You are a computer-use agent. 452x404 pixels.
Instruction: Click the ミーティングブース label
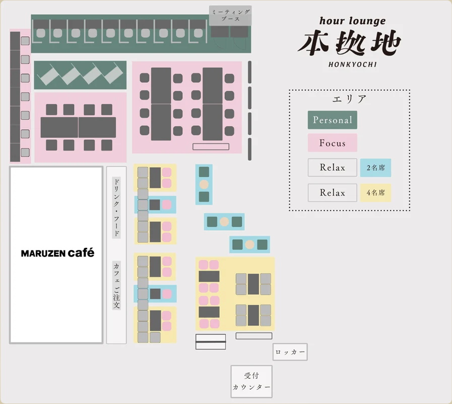(x=230, y=15)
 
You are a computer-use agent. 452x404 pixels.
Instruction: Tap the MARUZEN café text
(x=57, y=253)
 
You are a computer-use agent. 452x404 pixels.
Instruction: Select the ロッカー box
(x=290, y=351)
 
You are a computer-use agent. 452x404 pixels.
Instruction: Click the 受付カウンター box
(x=251, y=381)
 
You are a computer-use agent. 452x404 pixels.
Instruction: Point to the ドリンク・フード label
(x=116, y=208)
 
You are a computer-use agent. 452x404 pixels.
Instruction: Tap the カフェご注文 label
(x=116, y=285)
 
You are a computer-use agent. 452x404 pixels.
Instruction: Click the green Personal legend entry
(x=333, y=120)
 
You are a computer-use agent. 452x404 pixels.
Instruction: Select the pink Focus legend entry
(x=333, y=143)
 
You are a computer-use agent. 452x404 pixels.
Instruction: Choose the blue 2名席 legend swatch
(x=375, y=168)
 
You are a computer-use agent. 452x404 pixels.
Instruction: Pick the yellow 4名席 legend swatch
(x=375, y=193)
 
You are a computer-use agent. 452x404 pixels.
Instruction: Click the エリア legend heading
(x=349, y=99)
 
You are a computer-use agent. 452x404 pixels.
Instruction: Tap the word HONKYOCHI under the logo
(x=353, y=65)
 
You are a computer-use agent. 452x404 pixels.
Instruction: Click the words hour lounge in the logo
(x=353, y=21)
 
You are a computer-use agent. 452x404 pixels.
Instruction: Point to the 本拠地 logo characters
(x=349, y=43)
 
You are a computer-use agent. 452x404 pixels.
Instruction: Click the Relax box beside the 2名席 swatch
(x=333, y=168)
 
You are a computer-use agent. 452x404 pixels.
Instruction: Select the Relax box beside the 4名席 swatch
(x=333, y=193)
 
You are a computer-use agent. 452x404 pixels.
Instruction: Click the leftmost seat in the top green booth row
(x=41, y=33)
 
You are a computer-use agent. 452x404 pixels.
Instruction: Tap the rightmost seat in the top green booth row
(x=199, y=33)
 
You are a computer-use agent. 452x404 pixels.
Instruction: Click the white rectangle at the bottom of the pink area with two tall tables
(x=211, y=146)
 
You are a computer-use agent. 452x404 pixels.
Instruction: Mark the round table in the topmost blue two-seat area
(x=204, y=184)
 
